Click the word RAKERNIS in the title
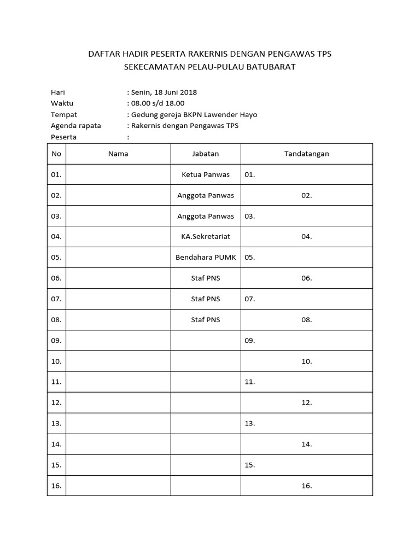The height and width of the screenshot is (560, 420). click(209, 54)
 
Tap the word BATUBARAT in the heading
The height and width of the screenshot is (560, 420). click(268, 67)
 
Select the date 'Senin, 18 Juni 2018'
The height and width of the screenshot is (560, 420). click(164, 92)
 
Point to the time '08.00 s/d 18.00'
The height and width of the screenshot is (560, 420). click(157, 103)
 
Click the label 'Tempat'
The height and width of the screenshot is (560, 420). click(64, 115)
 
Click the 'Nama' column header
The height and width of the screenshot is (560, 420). click(118, 154)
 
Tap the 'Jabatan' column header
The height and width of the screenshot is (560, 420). click(206, 154)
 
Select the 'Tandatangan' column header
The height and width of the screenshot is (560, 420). click(306, 154)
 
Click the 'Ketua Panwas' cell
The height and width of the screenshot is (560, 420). click(206, 175)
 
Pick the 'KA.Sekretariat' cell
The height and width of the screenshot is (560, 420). click(206, 237)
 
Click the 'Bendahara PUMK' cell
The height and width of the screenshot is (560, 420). click(206, 258)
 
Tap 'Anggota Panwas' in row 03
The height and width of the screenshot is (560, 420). click(206, 216)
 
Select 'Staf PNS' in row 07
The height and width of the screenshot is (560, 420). click(206, 299)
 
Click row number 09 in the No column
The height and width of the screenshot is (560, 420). click(56, 341)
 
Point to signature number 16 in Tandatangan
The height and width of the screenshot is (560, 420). click(306, 486)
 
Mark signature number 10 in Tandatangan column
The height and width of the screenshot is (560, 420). click(306, 361)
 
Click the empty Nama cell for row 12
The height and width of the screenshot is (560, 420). click(118, 402)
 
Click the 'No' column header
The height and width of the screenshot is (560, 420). click(56, 154)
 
